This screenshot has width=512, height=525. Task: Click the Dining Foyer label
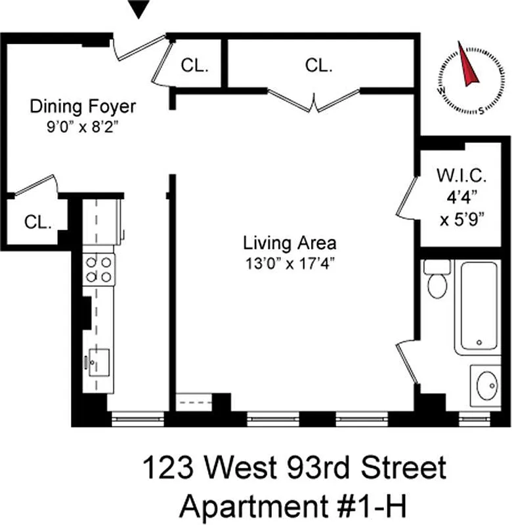pos(83,106)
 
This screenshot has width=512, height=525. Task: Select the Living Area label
pos(289,243)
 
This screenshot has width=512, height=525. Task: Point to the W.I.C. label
pos(461,176)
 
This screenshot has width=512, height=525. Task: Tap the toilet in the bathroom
pos(436,280)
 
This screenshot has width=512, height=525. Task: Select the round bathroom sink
pos(487,386)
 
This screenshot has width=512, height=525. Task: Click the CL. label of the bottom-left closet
pos(38,222)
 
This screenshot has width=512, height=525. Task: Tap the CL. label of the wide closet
pos(319,66)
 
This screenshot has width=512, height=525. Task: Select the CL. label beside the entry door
pos(194,66)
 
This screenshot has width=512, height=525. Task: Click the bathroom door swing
pos(408,362)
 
